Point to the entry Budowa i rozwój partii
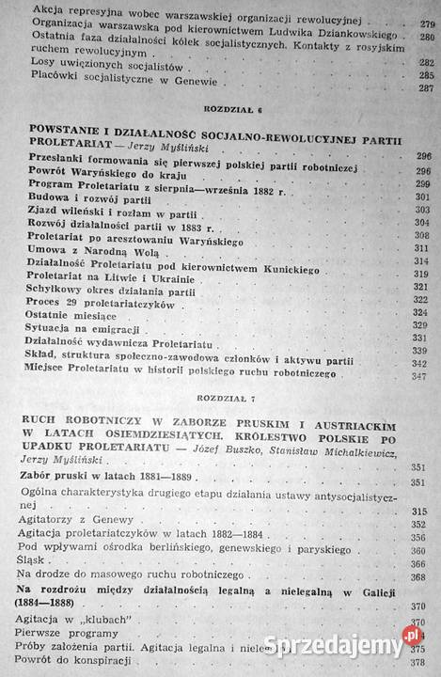pos(97,199)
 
